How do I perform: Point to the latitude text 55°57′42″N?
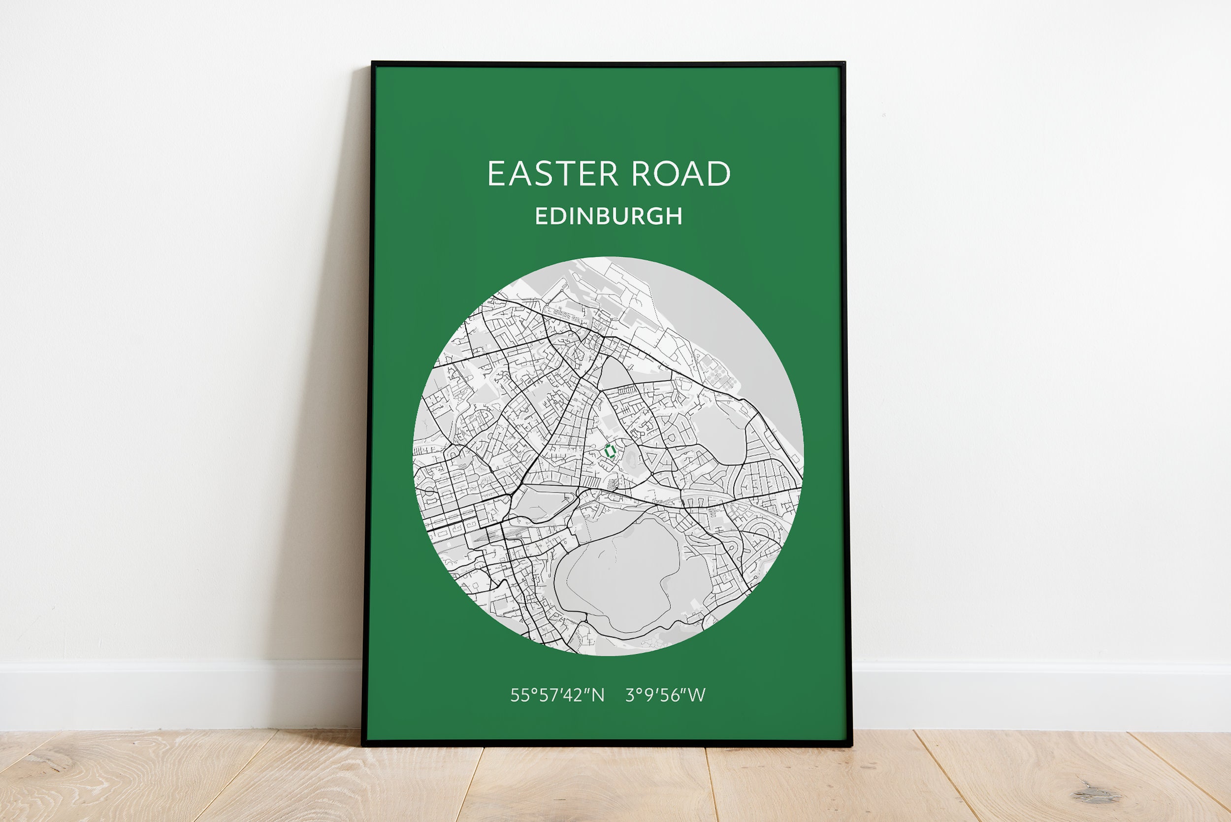(x=557, y=695)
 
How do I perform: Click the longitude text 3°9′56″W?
(x=666, y=695)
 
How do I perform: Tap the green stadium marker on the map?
(x=609, y=450)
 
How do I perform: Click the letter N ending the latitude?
(x=598, y=695)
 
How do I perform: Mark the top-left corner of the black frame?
(x=373, y=64)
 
